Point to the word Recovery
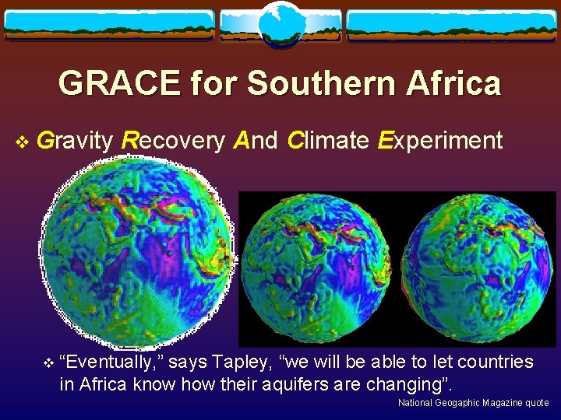(x=172, y=141)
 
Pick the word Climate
(x=327, y=141)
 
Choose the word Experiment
(x=439, y=141)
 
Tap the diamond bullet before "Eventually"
(x=48, y=362)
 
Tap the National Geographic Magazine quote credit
(x=473, y=403)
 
